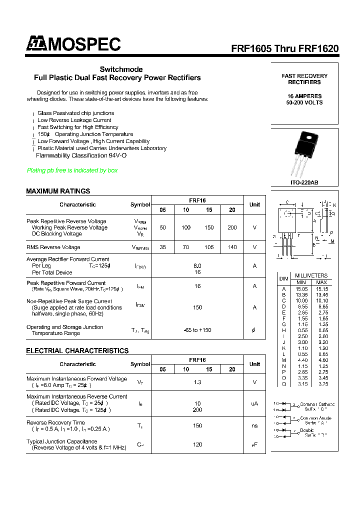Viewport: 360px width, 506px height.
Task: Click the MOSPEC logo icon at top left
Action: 36,44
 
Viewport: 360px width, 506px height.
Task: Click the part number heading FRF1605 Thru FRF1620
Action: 284,49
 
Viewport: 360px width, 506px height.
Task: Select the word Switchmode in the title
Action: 121,69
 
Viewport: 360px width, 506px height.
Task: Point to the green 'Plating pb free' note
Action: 72,170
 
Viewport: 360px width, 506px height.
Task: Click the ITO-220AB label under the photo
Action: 304,182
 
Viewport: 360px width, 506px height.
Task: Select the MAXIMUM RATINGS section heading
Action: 58,191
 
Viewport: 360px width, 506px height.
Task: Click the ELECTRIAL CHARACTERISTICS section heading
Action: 77,350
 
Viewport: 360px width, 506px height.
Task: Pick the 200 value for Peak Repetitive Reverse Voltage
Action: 232,227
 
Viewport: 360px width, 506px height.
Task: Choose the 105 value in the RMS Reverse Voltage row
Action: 209,247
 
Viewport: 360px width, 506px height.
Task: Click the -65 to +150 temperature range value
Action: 197,330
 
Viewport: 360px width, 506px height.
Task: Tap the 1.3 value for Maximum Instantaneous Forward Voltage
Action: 197,382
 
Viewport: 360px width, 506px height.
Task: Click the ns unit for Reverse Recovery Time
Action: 254,425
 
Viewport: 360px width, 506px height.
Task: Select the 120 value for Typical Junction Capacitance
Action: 197,444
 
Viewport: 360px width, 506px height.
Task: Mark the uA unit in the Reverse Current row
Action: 254,403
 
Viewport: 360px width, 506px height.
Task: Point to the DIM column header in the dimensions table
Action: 284,278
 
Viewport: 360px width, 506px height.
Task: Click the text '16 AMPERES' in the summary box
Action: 304,96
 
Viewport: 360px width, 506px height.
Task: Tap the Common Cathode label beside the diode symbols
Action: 317,404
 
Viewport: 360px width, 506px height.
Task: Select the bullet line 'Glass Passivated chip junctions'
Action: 75,113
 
